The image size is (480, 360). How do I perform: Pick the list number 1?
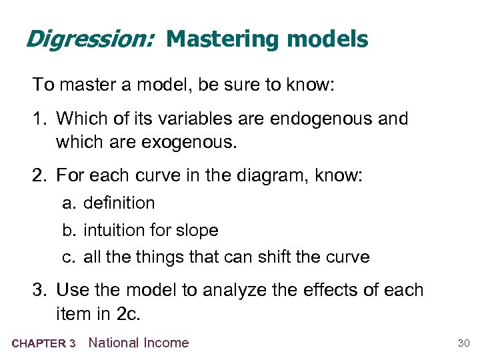[x=39, y=119]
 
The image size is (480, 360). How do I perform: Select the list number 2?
[x=39, y=176]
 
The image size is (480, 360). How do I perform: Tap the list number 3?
[x=39, y=290]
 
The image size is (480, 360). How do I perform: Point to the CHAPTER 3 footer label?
[x=43, y=344]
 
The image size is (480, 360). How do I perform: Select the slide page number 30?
[x=464, y=343]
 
